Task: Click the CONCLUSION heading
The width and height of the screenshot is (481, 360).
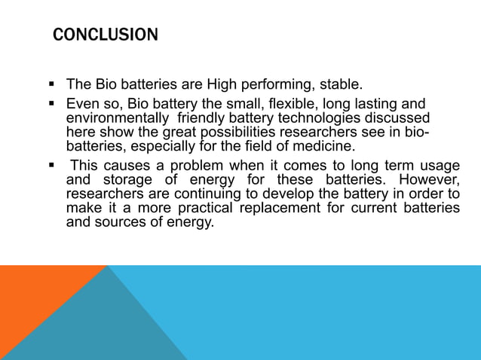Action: (105, 35)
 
